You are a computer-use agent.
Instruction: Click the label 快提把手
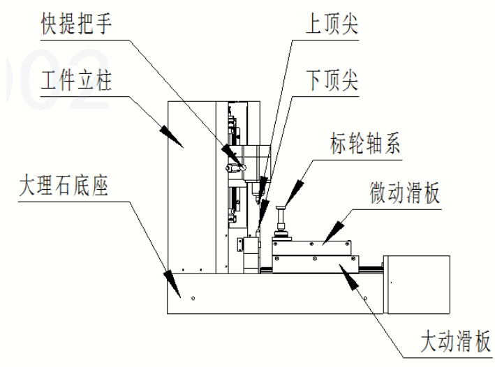(76, 24)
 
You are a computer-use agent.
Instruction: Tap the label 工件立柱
(76, 80)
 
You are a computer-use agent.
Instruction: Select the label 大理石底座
(64, 186)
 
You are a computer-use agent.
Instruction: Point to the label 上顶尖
(332, 24)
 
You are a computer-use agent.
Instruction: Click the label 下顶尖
(332, 80)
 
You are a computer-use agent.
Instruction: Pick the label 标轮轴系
(365, 144)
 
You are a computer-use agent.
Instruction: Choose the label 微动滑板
(405, 193)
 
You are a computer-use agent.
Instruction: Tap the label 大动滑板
(455, 341)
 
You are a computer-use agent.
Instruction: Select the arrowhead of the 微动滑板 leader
(333, 232)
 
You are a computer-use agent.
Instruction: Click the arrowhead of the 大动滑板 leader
(350, 277)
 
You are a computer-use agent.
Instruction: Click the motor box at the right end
(417, 285)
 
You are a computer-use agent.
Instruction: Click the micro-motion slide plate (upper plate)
(311, 248)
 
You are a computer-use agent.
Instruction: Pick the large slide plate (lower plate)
(316, 264)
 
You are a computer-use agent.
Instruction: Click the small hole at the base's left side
(193, 298)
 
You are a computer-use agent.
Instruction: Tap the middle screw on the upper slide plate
(311, 244)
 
